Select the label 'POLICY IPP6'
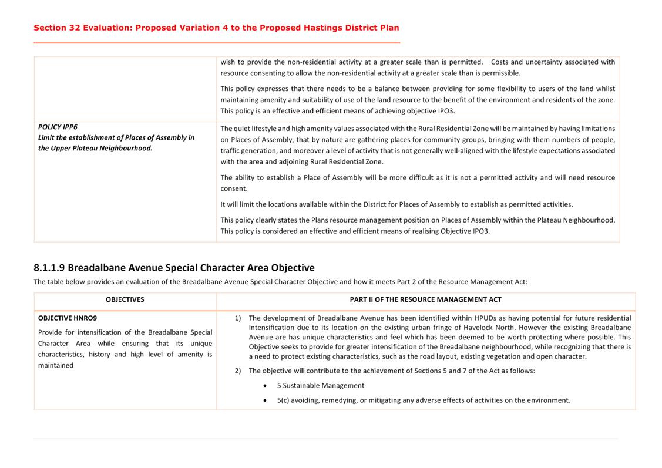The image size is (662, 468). coord(58,127)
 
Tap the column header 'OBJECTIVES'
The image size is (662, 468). coord(125,299)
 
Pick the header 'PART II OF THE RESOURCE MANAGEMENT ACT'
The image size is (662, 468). coord(425,299)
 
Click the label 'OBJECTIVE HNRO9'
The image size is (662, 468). coord(68,318)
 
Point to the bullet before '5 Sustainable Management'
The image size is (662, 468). coord(266,386)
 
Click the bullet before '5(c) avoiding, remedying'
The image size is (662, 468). coord(266,400)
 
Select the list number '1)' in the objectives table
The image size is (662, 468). coord(238,318)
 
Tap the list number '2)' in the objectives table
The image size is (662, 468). coord(238,371)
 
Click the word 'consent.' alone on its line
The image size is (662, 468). coord(234,188)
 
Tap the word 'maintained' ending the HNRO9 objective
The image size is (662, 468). coord(56,365)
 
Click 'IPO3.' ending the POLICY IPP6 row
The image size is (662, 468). coord(480,231)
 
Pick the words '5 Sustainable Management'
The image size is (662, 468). coord(321,386)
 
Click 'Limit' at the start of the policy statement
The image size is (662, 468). coord(48,137)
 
